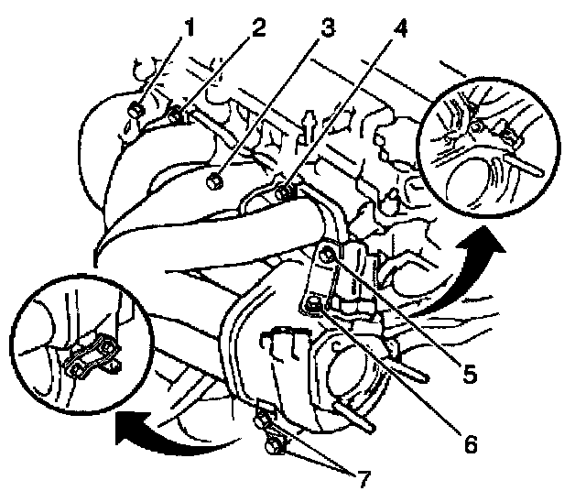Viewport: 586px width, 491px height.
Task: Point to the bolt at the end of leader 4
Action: (284, 192)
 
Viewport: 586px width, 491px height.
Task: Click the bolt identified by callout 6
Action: (315, 303)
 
